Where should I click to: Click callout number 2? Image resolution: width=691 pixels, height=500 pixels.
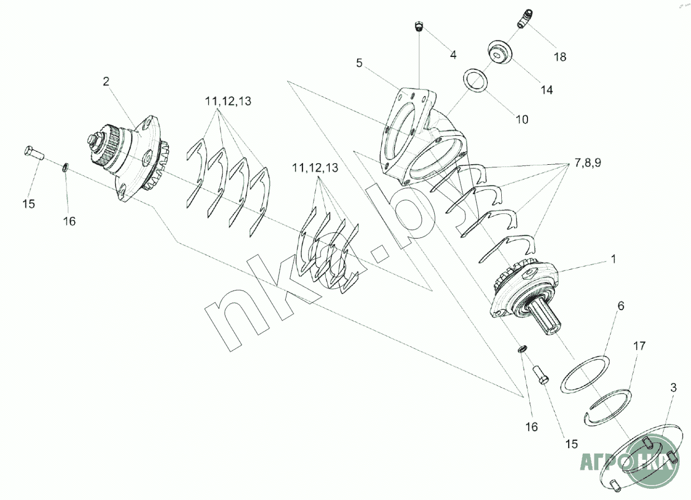coord(105,82)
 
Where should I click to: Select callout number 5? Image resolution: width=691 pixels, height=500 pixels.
coord(360,63)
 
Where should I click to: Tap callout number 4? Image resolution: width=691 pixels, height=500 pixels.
coord(453,55)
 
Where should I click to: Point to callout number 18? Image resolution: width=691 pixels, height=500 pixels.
coord(559,56)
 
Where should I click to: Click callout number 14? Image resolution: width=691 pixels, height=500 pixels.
coord(547,89)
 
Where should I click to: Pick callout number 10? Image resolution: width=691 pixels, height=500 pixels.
coord(522,119)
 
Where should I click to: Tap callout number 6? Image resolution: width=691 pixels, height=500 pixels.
coord(620,306)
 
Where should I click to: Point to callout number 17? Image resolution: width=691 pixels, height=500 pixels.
coord(639,346)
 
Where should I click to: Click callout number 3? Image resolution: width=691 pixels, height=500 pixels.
coord(674,387)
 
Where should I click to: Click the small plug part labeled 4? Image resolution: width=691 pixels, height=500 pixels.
coord(419,26)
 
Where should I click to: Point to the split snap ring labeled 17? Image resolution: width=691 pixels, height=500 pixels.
coord(610,407)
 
